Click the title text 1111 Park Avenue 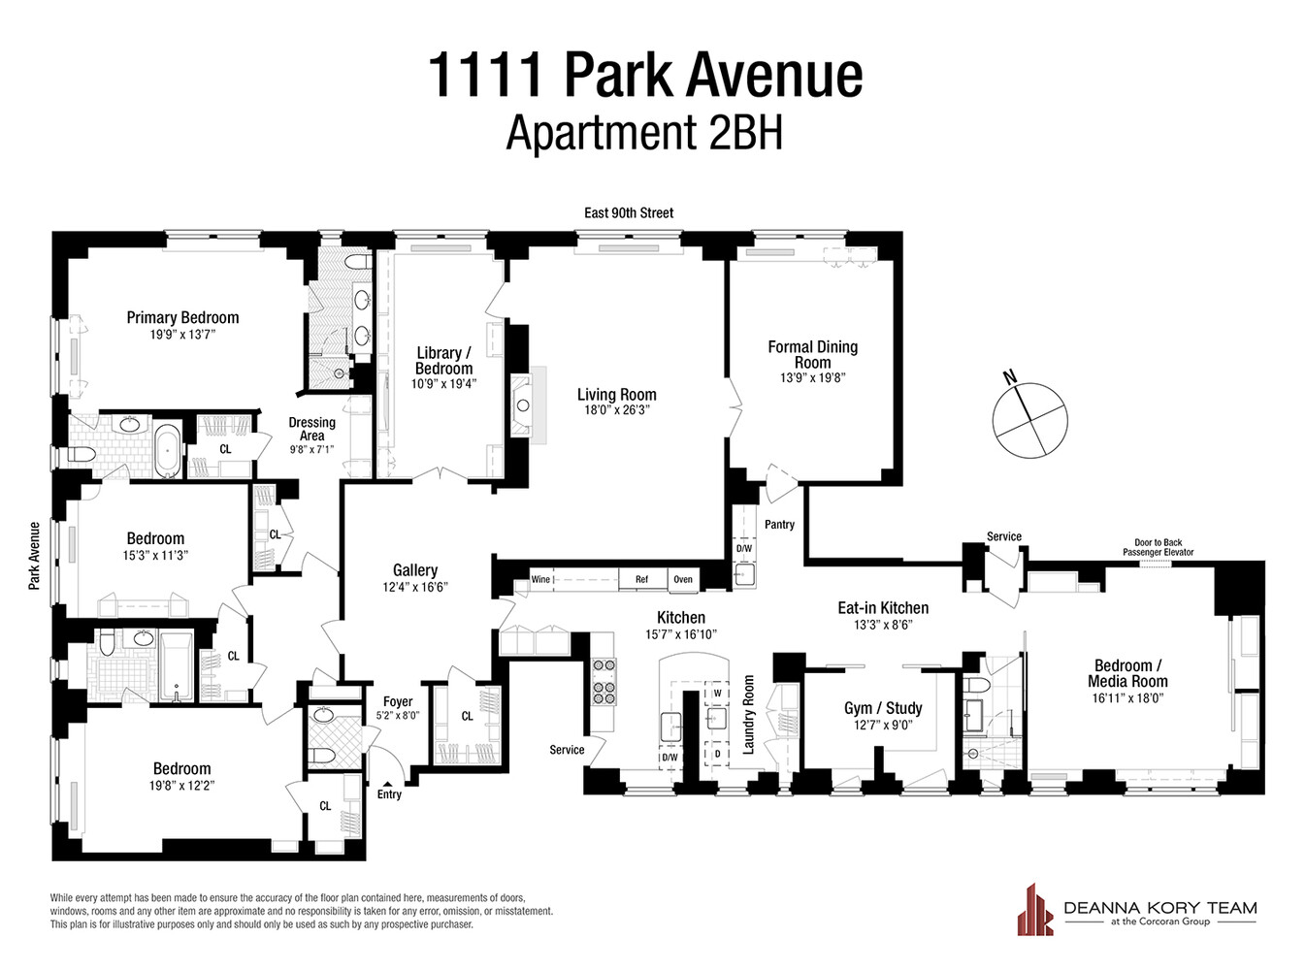pos(644,76)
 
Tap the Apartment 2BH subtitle pos(644,133)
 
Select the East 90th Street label pos(629,212)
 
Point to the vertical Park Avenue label pos(35,556)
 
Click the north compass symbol pos(1029,419)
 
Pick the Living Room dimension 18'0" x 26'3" pos(616,410)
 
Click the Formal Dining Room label pos(812,354)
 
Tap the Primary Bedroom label pos(182,317)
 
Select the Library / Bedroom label pos(443,361)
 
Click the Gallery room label pos(414,570)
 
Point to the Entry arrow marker pos(388,784)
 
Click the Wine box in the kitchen pos(540,579)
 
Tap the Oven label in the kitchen pos(683,579)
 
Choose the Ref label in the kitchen pos(641,579)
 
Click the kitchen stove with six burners pos(604,680)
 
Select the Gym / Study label pos(883,708)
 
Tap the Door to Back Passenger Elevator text pos(1158,547)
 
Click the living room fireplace pos(525,404)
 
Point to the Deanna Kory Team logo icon pos(1035,910)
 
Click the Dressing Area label pos(311,429)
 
